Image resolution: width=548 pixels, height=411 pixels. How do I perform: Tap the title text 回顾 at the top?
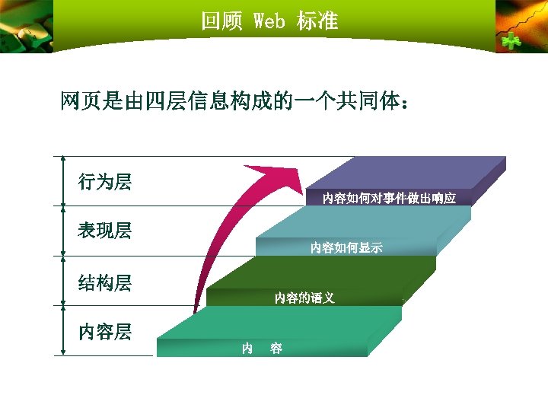(221, 21)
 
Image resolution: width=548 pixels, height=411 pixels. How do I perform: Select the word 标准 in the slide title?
(317, 21)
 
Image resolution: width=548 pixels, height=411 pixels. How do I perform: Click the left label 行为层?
(105, 182)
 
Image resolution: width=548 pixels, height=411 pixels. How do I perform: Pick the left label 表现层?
(105, 231)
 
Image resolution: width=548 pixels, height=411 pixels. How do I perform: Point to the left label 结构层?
(105, 283)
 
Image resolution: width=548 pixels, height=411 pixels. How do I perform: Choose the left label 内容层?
(105, 332)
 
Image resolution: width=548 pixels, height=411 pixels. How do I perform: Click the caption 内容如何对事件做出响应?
(388, 199)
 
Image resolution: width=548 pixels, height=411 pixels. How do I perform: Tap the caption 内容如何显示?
(346, 247)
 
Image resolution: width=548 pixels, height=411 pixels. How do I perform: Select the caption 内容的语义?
(304, 298)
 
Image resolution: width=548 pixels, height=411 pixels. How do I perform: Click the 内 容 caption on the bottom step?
(262, 349)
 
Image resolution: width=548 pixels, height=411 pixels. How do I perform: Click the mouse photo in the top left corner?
(27, 27)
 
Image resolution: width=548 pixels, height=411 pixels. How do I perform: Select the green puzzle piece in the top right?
(511, 41)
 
